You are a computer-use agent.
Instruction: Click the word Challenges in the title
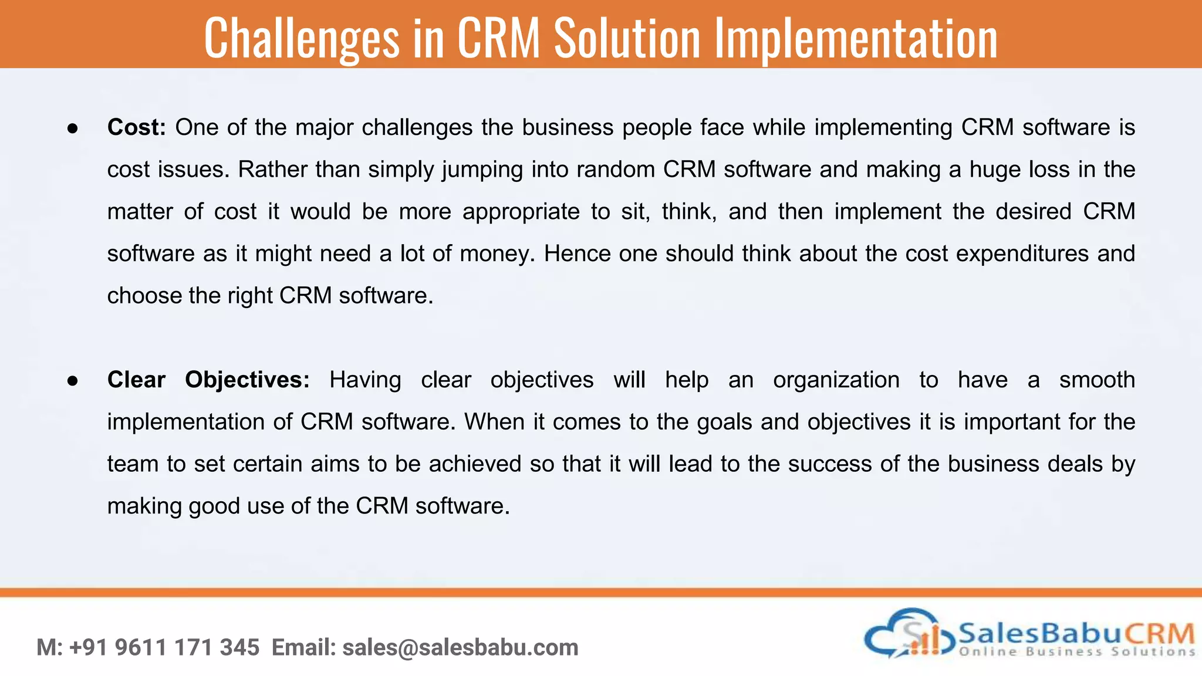click(x=302, y=39)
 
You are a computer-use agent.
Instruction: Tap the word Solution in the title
click(x=627, y=39)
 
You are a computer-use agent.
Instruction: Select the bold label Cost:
click(x=137, y=127)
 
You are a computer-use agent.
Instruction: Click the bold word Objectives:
click(x=247, y=380)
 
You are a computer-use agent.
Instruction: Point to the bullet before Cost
click(x=73, y=129)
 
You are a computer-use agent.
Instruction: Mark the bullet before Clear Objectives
click(x=73, y=381)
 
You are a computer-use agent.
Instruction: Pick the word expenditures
click(x=1022, y=253)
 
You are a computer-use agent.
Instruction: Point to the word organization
click(x=836, y=380)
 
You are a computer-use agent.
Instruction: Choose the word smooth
click(x=1096, y=380)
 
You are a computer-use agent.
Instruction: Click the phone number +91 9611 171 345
click(x=164, y=647)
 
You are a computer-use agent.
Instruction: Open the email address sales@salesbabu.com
click(x=460, y=647)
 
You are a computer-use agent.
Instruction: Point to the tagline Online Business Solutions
click(x=1076, y=651)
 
